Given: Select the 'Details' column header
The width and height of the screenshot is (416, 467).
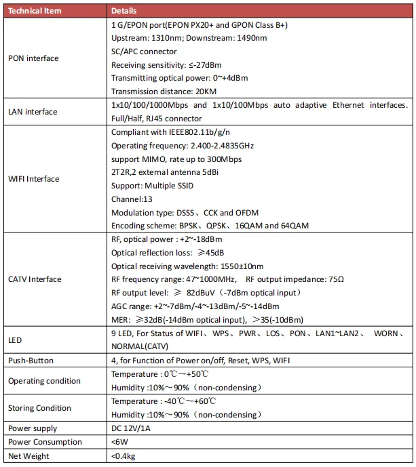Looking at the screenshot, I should click(124, 11).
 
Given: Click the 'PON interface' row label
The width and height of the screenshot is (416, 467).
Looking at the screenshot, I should click(33, 58).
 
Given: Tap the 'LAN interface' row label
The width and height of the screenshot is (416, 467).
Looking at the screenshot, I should click(33, 112).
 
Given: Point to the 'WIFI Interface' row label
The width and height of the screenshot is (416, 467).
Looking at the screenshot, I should click(34, 179).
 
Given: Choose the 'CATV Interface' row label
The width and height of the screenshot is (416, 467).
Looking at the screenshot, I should click(35, 279).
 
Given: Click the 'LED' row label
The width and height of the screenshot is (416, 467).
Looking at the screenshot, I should click(15, 340).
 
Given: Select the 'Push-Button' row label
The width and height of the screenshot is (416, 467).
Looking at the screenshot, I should click(31, 361).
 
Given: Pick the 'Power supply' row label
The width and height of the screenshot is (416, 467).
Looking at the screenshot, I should click(33, 428).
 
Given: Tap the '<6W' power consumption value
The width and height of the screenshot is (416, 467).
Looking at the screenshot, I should click(119, 442).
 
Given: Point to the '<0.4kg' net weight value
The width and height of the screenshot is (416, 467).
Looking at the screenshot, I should click(123, 456).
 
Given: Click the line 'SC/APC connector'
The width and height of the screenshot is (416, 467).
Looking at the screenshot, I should click(144, 52).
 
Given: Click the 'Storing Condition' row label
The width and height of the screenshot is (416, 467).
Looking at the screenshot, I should click(39, 408).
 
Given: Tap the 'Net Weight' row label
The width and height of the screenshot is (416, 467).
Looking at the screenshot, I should click(28, 456).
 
